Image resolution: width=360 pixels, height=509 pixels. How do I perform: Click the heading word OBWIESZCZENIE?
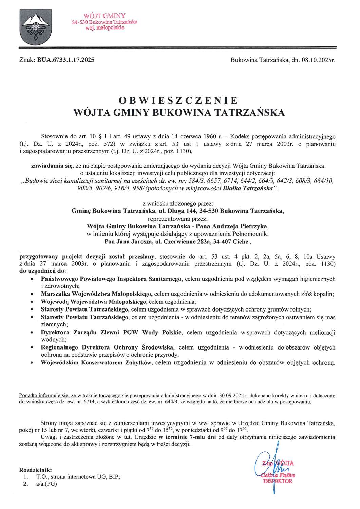(179, 101)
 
